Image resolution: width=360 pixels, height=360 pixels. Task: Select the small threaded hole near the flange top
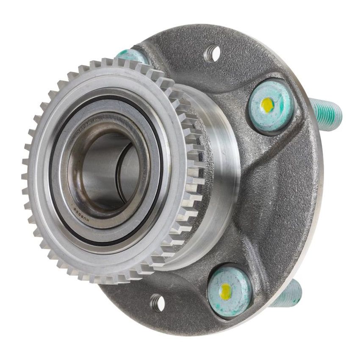(x=212, y=54)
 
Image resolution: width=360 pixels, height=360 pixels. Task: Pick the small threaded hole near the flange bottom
(x=158, y=302)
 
